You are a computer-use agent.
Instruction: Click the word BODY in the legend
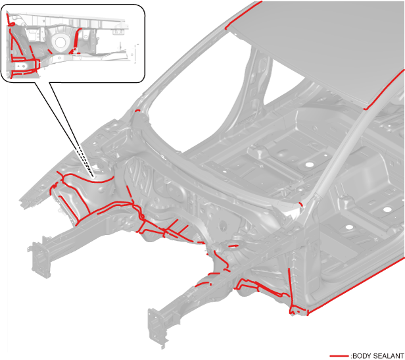point(360,356)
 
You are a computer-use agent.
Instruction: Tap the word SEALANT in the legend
point(387,356)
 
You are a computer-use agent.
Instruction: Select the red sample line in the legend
point(339,356)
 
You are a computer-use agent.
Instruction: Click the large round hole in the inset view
point(60,42)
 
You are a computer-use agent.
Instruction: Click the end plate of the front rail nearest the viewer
point(156,327)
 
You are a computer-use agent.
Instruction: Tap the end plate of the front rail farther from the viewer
point(39,259)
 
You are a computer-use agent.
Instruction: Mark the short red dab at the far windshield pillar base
point(138,111)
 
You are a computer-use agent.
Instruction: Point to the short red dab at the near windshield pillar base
point(301,205)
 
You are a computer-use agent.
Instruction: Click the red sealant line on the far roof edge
point(243,15)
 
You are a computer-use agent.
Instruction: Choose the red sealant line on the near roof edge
point(385,90)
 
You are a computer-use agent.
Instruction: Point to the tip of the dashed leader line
point(93,176)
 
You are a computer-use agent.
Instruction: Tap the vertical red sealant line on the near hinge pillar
point(290,290)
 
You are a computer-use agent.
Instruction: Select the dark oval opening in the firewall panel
point(223,226)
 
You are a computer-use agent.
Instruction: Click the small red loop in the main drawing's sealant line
point(141,216)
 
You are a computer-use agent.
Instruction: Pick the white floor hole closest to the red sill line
point(349,227)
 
